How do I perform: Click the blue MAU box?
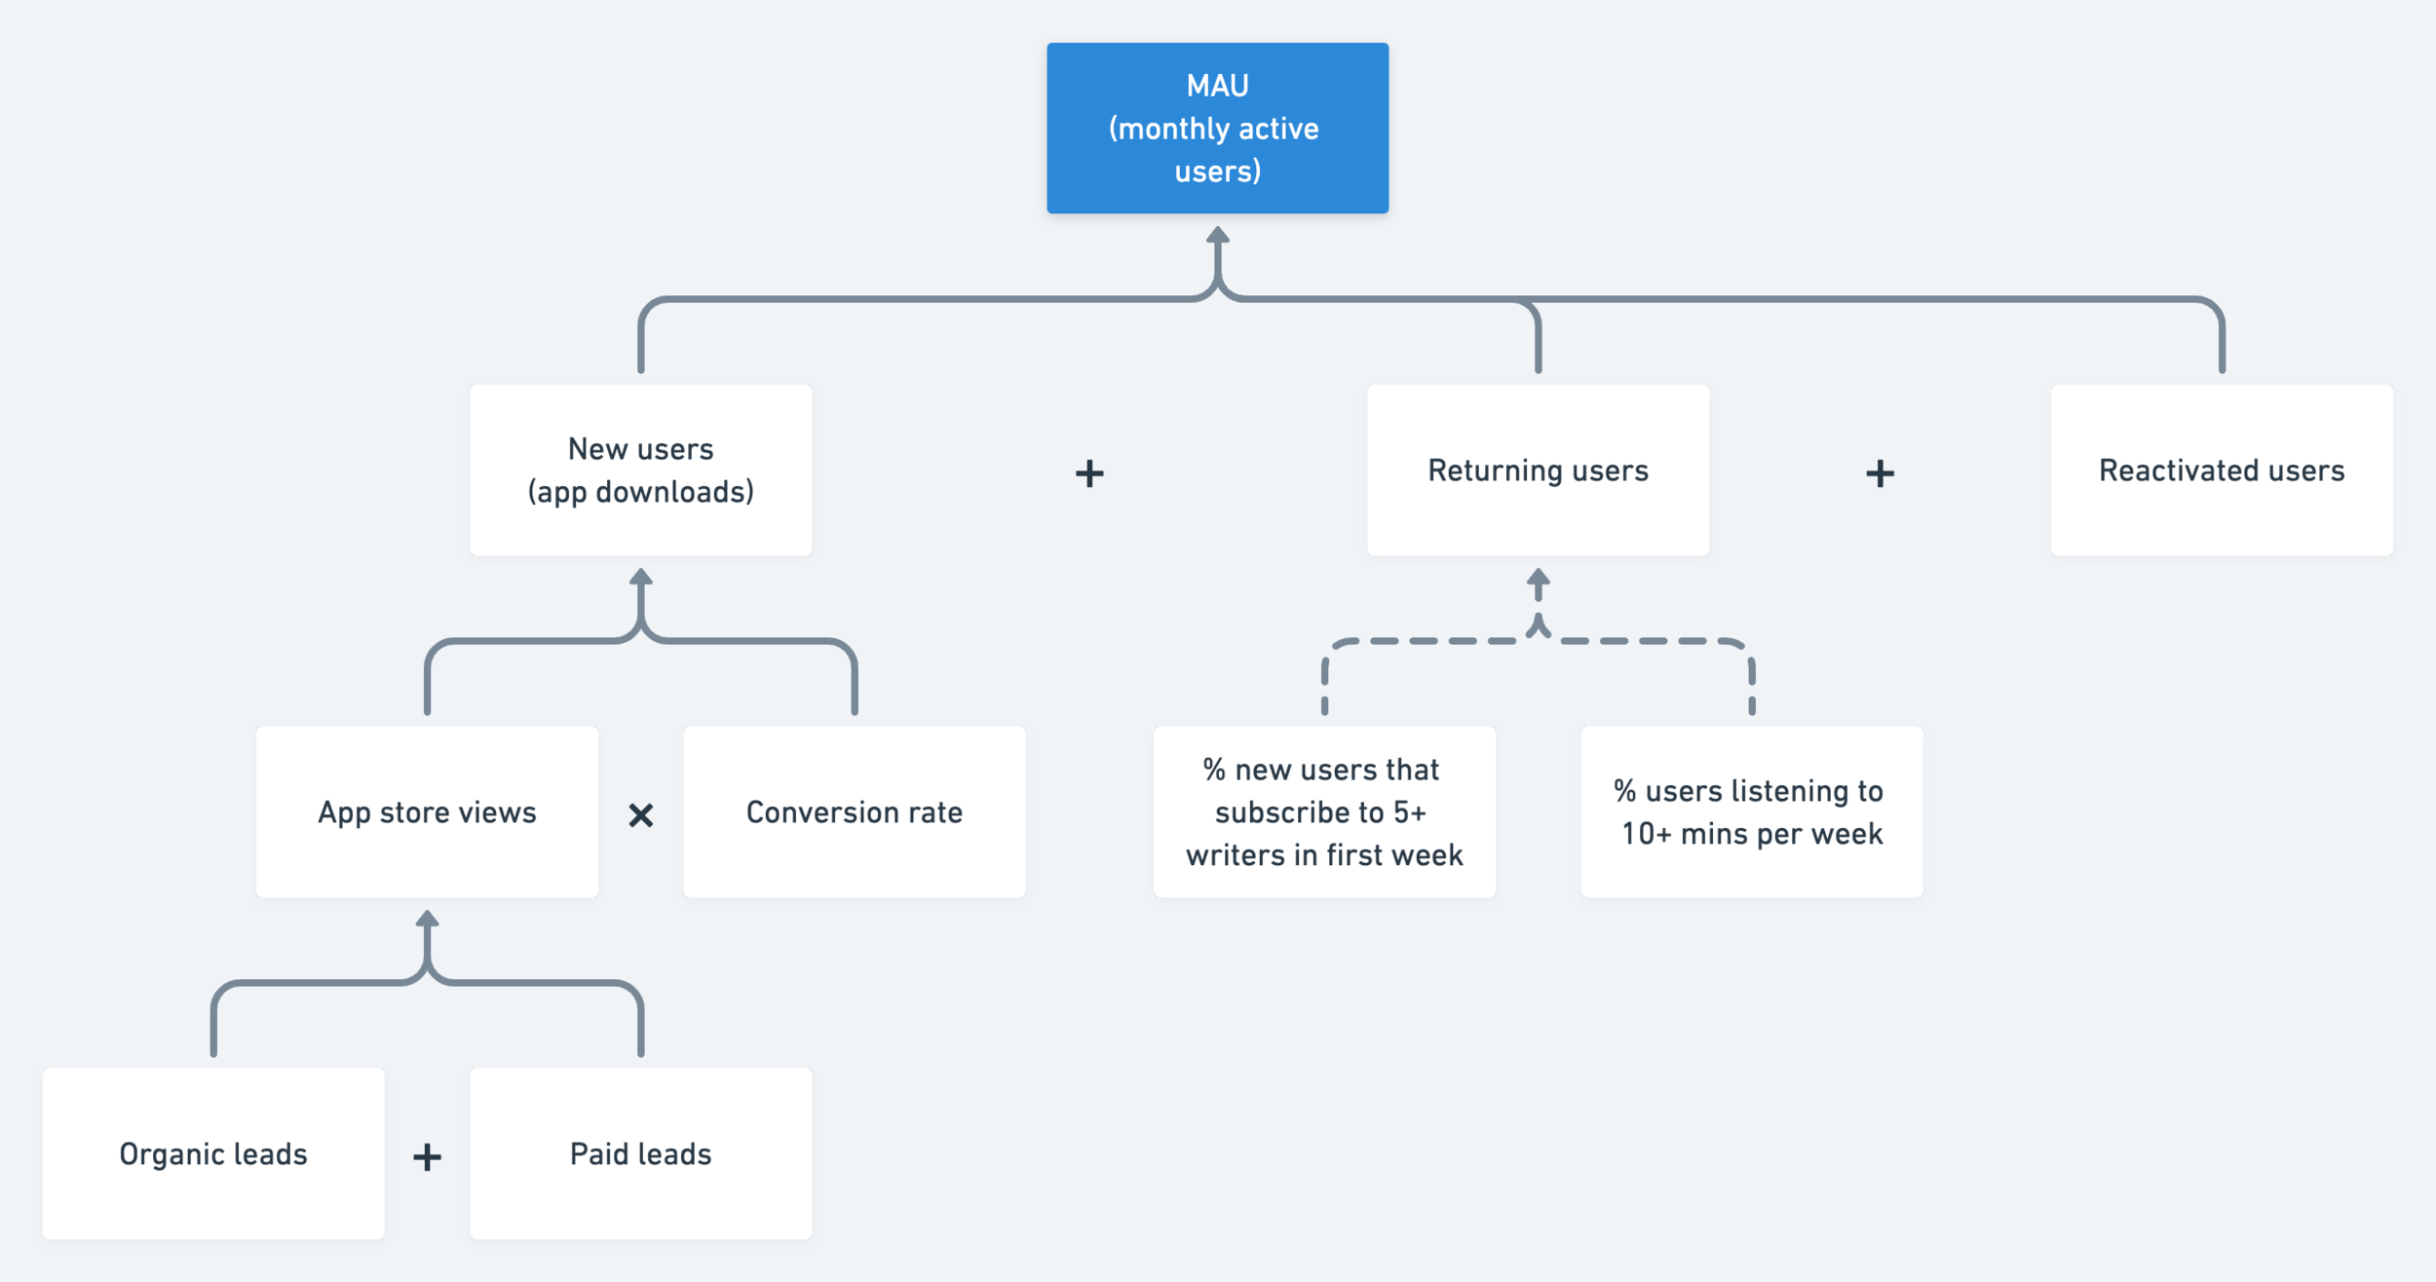(1217, 128)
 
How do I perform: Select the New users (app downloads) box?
(640, 470)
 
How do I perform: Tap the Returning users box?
(1538, 470)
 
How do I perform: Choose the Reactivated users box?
(2221, 470)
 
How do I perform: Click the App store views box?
(427, 811)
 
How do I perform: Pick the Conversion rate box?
(854, 811)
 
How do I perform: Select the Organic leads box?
(213, 1153)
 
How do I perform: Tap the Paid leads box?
(640, 1153)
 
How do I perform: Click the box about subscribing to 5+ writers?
(1324, 811)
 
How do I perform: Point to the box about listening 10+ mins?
(1751, 811)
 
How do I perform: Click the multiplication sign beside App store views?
(640, 814)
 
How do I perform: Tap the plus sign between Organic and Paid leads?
(427, 1157)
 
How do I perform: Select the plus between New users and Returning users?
(1089, 473)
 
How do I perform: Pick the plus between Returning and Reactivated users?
(1880, 473)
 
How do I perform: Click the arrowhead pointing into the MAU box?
(1217, 235)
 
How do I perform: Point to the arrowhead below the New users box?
(640, 577)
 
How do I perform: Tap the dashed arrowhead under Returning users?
(1538, 577)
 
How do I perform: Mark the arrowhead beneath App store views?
(427, 919)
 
